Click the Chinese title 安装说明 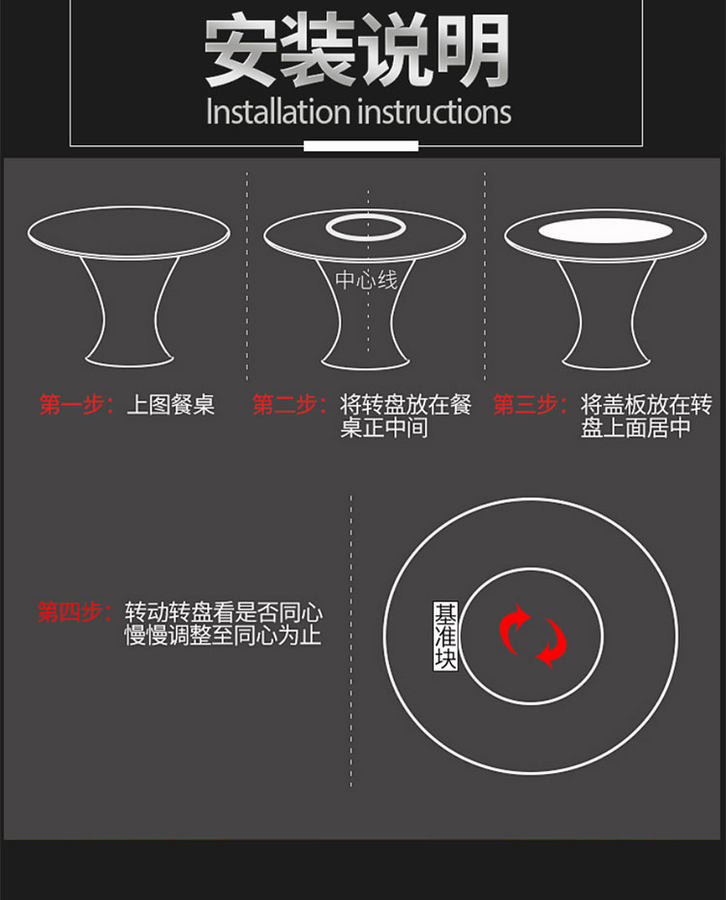(356, 50)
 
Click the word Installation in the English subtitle (278, 111)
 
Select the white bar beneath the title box (361, 145)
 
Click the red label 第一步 (72, 405)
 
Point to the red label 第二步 (285, 405)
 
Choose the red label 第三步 (526, 405)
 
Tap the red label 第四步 (70, 612)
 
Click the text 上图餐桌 (170, 405)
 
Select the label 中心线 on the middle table (366, 280)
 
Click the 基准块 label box (445, 636)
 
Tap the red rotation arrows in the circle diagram (532, 636)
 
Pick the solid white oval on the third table (605, 231)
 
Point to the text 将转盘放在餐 (406, 405)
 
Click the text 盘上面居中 (635, 427)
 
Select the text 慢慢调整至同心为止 (223, 636)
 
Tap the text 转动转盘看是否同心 (224, 612)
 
